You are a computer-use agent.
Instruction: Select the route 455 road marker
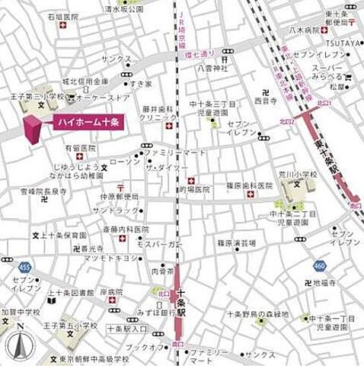pyautogui.click(x=25, y=268)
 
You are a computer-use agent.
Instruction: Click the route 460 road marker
pyautogui.click(x=319, y=266)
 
